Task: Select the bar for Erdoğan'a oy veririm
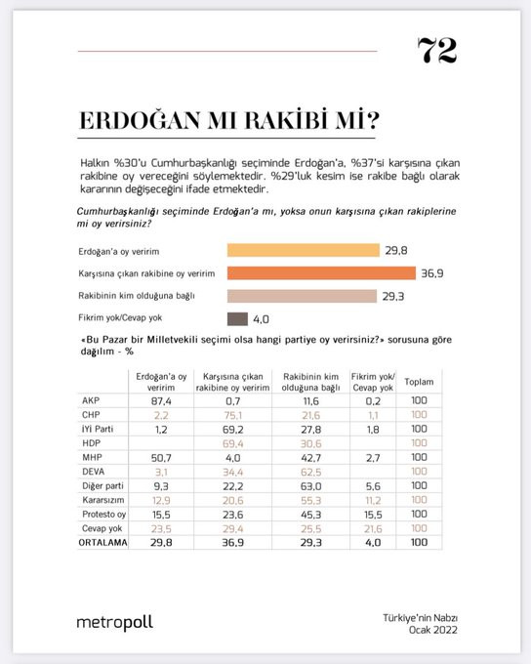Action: point(303,249)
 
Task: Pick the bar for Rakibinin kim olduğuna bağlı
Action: point(302,295)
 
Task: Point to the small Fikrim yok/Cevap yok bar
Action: point(237,317)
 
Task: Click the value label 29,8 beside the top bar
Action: point(396,249)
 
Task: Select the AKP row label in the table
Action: point(89,400)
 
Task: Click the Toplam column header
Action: point(419,380)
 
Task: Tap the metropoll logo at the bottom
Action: point(114,621)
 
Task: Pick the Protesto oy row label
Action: point(102,513)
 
